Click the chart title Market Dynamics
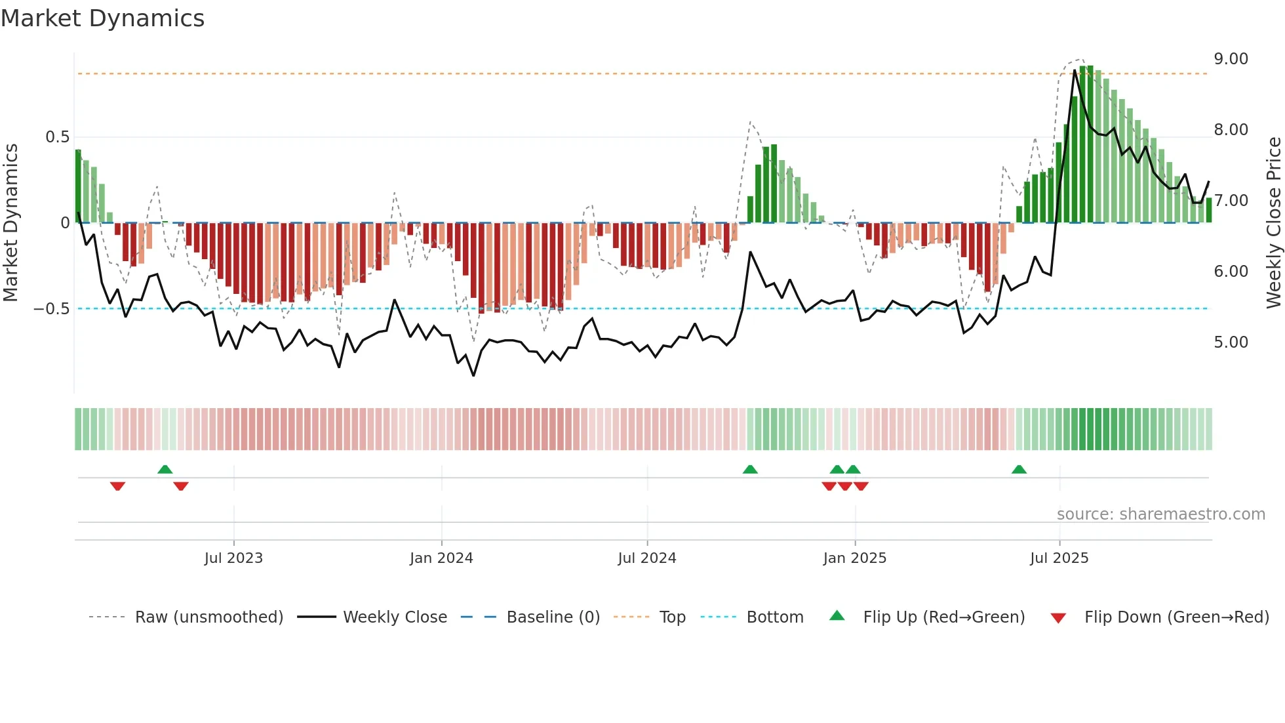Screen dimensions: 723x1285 pos(102,18)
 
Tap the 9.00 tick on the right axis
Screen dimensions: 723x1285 pos(1231,59)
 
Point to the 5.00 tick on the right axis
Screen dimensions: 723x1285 pos(1231,342)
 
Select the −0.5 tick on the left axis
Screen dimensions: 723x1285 pos(51,309)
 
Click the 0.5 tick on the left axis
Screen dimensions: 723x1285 pos(57,137)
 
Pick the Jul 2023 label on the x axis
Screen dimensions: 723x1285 pos(233,558)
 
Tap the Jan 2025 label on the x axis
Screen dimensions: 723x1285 pos(854,558)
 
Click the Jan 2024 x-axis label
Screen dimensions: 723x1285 pos(441,558)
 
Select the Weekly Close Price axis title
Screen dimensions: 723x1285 pos(1273,222)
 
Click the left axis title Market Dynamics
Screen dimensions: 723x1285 pos(10,222)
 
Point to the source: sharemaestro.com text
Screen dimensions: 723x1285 pos(1160,514)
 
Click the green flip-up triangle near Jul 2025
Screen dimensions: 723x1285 pos(1019,469)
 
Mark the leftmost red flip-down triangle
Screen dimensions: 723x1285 pos(117,485)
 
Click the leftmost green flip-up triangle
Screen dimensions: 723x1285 pos(165,469)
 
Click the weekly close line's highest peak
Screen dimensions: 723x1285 pos(1075,70)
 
